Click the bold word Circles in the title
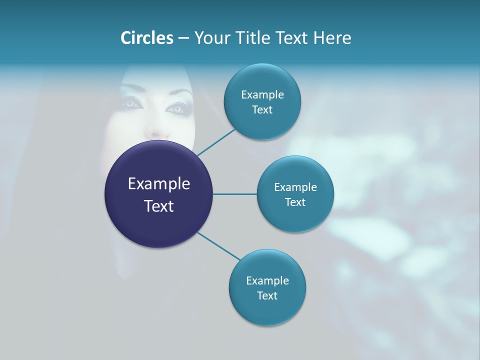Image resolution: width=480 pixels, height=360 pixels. [x=146, y=38]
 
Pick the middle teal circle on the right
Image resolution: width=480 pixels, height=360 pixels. [x=295, y=215]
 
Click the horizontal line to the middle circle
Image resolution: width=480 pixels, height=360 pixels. [x=235, y=194]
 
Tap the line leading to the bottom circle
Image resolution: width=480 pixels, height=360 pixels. [x=219, y=246]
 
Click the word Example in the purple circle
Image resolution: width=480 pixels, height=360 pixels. [x=159, y=184]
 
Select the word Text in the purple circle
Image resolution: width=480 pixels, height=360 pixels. [x=159, y=206]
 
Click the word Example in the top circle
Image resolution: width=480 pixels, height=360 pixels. [x=262, y=94]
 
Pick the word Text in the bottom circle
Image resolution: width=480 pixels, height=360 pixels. [x=267, y=295]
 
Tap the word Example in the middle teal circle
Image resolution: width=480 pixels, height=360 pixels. [x=295, y=187]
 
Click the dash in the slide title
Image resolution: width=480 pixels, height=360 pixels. [x=183, y=38]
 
